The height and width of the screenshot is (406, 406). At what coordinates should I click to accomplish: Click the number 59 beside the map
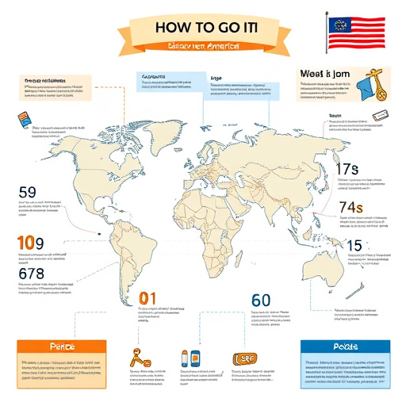[x=27, y=191]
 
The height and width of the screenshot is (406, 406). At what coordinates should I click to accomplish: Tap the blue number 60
[x=262, y=301]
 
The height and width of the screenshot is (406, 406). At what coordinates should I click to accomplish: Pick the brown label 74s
[x=349, y=208]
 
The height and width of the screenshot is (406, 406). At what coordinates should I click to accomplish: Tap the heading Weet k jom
[x=325, y=74]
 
